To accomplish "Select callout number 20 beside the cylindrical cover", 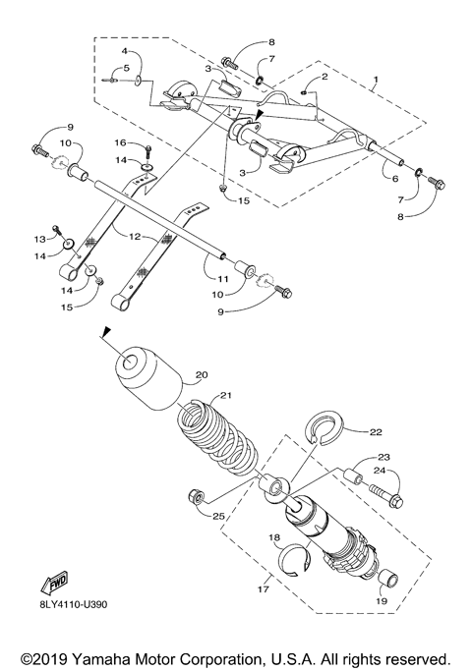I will tap(202, 374).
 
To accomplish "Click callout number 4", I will tap(126, 49).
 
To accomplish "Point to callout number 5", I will tap(126, 68).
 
